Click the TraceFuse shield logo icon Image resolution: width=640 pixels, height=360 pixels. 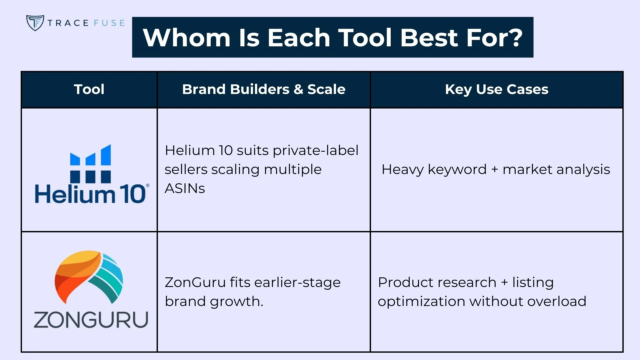35,23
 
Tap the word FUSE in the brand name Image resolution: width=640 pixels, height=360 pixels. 109,23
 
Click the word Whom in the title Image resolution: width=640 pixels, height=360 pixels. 187,37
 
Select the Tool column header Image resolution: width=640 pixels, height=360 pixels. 89,89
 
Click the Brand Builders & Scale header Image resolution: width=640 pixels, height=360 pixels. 264,89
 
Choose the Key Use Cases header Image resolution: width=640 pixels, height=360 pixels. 497,89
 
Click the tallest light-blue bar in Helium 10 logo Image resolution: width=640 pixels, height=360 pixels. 106,155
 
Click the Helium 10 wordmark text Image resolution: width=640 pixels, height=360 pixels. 90,194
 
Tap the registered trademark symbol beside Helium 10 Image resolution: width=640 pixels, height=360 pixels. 148,185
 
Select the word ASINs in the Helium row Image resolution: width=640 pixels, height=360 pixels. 185,188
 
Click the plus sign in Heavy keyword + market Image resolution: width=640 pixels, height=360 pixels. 495,170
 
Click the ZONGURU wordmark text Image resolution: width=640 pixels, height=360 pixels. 91,320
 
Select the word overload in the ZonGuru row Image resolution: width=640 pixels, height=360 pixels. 557,301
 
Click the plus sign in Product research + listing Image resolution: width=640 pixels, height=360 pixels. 505,282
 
